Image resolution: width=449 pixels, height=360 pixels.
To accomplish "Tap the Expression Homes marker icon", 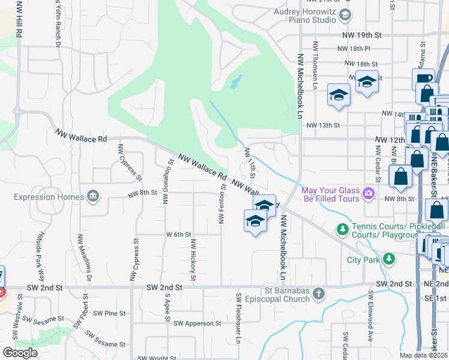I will click(93, 196).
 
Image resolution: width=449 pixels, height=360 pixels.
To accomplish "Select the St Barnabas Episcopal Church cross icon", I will click(319, 293).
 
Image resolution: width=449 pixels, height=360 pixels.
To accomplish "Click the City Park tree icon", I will click(390, 259).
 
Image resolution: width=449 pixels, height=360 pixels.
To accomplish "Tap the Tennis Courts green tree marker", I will click(343, 229).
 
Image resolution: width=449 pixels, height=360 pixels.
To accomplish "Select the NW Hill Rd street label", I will click(19, 21).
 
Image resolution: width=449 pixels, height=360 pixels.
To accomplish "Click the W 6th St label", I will click(178, 235).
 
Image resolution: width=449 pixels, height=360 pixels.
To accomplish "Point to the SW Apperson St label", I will click(197, 323).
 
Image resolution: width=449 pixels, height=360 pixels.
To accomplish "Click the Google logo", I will click(20, 353).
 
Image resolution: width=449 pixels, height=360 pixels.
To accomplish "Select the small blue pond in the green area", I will click(236, 82).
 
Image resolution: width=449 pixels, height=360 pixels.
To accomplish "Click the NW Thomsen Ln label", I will click(315, 65).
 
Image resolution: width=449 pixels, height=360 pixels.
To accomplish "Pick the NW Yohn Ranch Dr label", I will click(58, 24).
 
